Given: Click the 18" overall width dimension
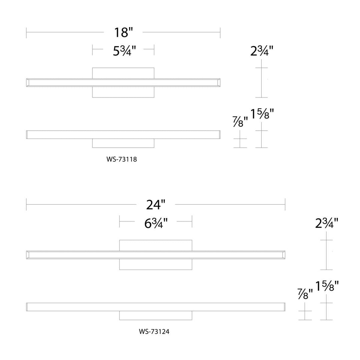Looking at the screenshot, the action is pyautogui.click(x=124, y=32).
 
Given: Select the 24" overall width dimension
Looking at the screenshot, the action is pyautogui.click(x=156, y=205).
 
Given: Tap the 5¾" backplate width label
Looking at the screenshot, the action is pyautogui.click(x=124, y=51).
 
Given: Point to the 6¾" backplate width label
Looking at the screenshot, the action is pyautogui.click(x=156, y=223).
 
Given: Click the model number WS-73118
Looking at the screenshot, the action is pyautogui.click(x=122, y=159).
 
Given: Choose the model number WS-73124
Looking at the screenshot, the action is pyautogui.click(x=154, y=332).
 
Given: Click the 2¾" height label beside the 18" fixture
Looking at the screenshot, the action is pyautogui.click(x=262, y=51).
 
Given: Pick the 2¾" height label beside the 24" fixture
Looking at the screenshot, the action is pyautogui.click(x=326, y=223).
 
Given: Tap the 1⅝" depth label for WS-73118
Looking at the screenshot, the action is pyautogui.click(x=262, y=114).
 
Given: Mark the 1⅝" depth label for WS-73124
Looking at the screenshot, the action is pyautogui.click(x=327, y=286).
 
